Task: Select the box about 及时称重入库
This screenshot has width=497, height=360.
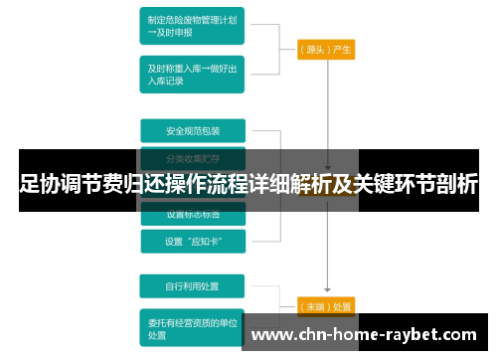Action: pyautogui.click(x=191, y=74)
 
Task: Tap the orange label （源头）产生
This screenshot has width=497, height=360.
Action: pyautogui.click(x=326, y=48)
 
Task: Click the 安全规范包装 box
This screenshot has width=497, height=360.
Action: pyautogui.click(x=191, y=130)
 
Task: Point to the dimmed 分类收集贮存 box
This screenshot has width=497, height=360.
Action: pyautogui.click(x=191, y=156)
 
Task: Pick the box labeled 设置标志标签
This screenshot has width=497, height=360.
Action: pyautogui.click(x=191, y=214)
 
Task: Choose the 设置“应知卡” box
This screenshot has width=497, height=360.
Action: pyautogui.click(x=191, y=240)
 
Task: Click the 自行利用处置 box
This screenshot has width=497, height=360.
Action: pyautogui.click(x=191, y=287)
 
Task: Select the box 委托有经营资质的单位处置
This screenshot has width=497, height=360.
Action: pyautogui.click(x=191, y=327)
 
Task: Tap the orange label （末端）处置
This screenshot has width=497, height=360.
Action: pyautogui.click(x=326, y=305)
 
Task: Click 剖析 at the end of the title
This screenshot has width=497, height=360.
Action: pyautogui.click(x=456, y=184)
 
